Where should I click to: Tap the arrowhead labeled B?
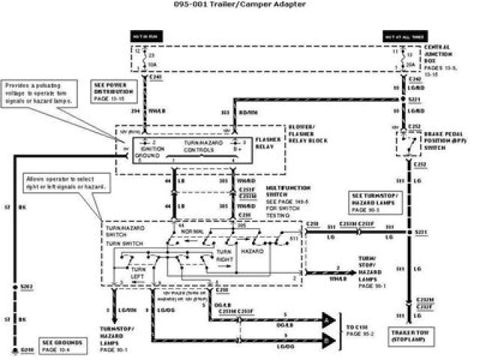click(x=327, y=340)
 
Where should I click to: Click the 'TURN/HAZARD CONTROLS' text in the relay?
click(x=199, y=145)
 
